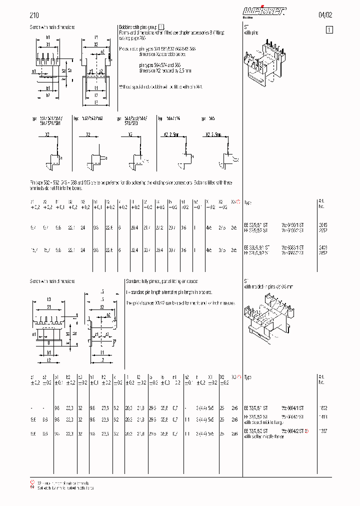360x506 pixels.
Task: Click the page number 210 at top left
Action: pyautogui.click(x=34, y=15)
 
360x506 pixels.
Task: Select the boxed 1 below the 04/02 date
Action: pyautogui.click(x=329, y=29)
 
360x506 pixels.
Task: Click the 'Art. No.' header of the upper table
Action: pyautogui.click(x=321, y=203)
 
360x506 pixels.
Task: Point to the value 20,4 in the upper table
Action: pyautogui.click(x=135, y=227)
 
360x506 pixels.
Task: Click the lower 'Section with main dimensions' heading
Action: pyautogui.click(x=52, y=281)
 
